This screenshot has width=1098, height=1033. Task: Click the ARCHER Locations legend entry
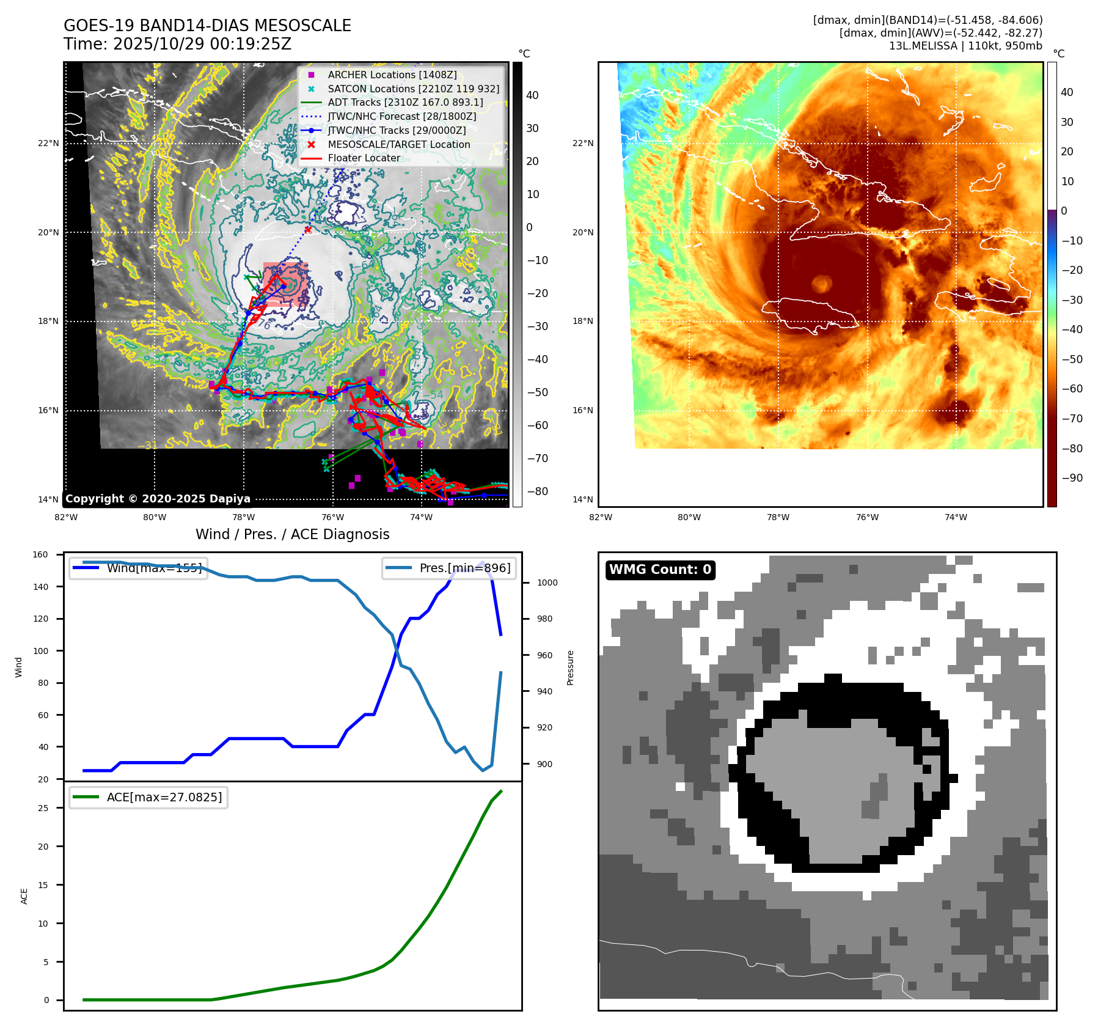392,75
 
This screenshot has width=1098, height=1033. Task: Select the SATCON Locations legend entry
413,89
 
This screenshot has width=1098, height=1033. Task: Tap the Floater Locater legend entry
364,158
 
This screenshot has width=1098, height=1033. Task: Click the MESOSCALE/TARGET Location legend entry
398,144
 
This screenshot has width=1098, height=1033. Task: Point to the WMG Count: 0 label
660,570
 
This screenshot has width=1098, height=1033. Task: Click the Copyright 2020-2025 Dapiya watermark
158,499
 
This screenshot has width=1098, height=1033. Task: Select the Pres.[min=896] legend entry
464,568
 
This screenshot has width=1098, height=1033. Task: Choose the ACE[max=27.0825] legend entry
164,797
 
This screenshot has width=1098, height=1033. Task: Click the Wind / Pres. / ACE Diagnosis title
292,534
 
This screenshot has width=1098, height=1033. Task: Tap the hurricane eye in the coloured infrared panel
822,283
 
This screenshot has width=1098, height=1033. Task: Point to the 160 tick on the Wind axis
40,555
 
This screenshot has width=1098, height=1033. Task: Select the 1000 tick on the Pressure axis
547,583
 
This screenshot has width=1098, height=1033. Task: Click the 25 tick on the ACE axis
43,808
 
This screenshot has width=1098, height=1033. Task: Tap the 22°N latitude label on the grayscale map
48,144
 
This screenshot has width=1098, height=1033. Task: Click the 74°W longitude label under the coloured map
956,517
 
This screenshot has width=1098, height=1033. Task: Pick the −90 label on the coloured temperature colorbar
1072,478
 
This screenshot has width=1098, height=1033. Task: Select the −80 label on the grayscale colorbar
537,491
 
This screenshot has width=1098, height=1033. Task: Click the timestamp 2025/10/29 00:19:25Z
202,44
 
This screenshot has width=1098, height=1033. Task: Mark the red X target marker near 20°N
308,230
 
